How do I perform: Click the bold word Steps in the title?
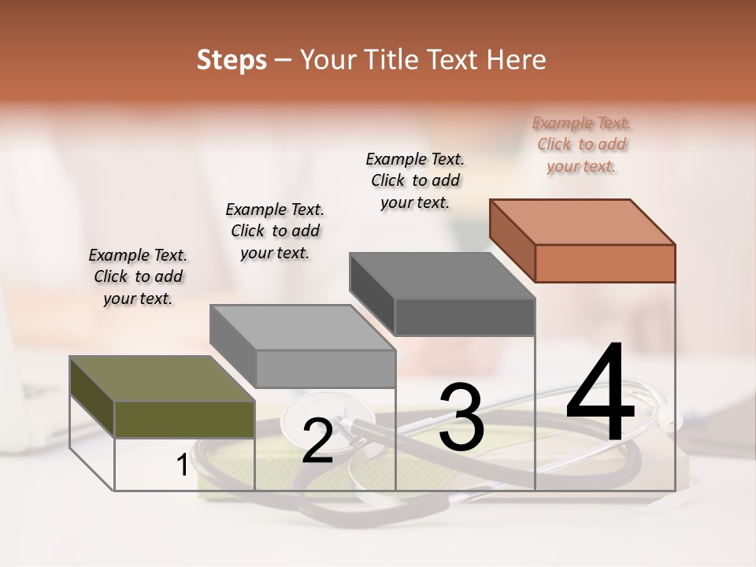coord(232,61)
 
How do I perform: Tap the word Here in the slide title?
coord(517,61)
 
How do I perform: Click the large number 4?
coord(600,394)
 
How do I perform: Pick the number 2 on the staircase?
coord(317,441)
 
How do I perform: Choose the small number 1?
coord(182,465)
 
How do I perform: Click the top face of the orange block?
coord(582,222)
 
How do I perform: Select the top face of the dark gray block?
coord(442,276)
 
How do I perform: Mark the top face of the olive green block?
coord(161,379)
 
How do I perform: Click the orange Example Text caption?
coord(582,145)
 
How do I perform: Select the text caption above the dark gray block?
coord(415,180)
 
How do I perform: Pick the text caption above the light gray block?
coord(275,231)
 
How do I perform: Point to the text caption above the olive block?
coord(138,276)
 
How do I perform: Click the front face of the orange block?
coord(605,263)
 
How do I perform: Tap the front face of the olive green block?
coord(184,419)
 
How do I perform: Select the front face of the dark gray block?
coord(465,317)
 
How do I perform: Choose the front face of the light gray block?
coord(325,369)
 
